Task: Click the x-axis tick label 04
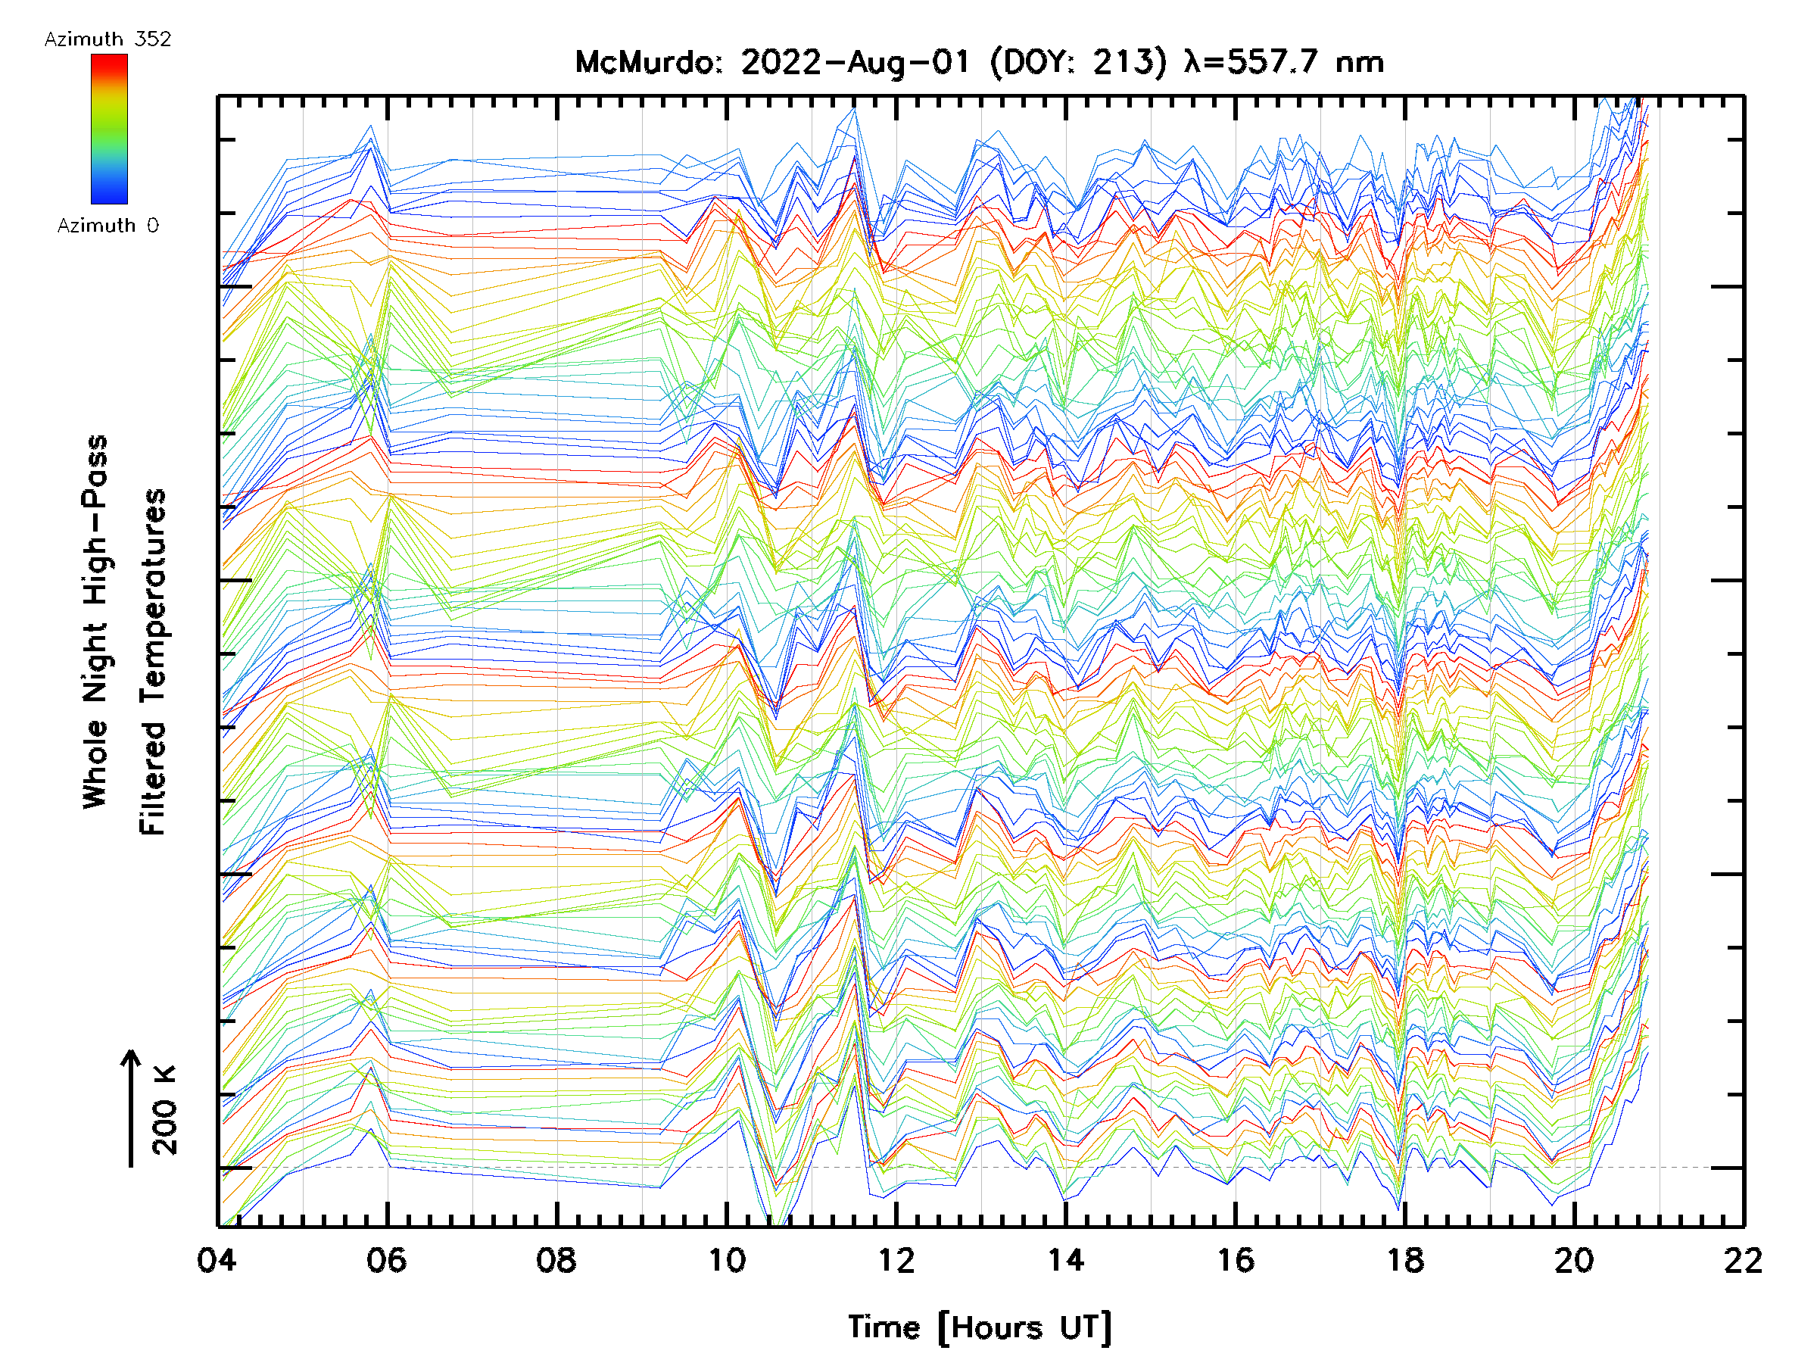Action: (217, 1260)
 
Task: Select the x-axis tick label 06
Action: (386, 1260)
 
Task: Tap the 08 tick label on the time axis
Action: (556, 1260)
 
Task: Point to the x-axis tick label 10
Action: (726, 1260)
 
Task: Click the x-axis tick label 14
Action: (1065, 1260)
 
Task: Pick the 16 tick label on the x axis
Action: (1236, 1260)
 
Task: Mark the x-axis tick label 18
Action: (1404, 1260)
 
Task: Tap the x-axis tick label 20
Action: (1574, 1260)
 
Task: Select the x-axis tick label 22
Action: (1743, 1260)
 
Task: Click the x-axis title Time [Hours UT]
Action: (979, 1328)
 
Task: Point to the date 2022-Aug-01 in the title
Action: (855, 62)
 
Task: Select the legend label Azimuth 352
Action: (108, 39)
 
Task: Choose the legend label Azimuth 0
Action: (108, 226)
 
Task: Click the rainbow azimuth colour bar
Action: (109, 129)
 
